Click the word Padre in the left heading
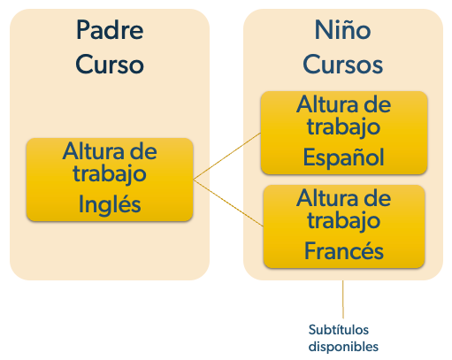[110, 30]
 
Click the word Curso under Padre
[110, 65]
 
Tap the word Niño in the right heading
[342, 30]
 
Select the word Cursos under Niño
[342, 65]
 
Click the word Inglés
[110, 204]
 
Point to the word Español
[343, 157]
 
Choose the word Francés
[344, 250]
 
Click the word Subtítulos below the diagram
[339, 330]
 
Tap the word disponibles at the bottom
[343, 347]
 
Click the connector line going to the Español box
[227, 156]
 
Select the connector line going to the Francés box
[228, 203]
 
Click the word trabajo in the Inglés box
[110, 174]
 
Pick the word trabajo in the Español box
[343, 127]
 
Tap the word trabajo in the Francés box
[343, 221]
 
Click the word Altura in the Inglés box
[94, 151]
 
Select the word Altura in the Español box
[327, 104]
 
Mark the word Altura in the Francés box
[327, 198]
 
